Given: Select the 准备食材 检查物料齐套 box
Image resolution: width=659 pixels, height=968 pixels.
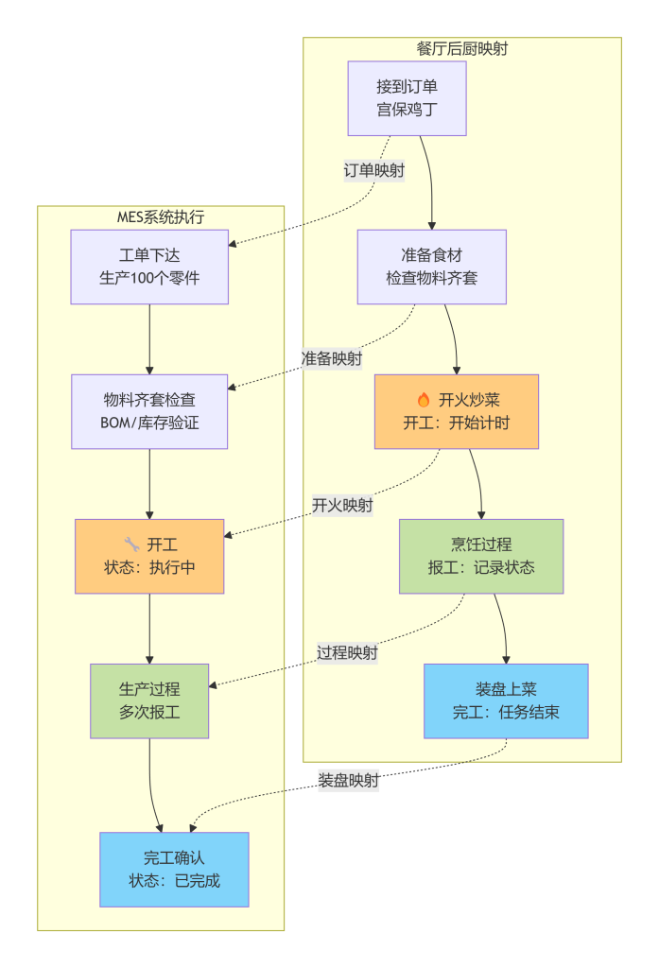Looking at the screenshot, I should [x=431, y=267].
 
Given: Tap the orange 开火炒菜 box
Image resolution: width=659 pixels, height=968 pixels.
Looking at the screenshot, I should [x=456, y=411].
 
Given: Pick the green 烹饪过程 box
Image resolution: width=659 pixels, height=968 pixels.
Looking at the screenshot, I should [x=480, y=556].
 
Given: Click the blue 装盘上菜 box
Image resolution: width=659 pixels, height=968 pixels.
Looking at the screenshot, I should [x=506, y=700].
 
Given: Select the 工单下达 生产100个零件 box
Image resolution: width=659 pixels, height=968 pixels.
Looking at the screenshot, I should [x=149, y=267].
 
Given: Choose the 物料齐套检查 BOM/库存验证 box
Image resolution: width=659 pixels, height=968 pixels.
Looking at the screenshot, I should [x=149, y=411].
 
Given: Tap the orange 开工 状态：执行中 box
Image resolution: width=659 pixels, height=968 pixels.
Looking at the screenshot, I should [x=149, y=556].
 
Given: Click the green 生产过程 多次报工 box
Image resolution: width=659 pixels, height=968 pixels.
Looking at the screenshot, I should [x=149, y=700].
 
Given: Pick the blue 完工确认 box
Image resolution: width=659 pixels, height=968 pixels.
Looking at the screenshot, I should [x=174, y=870].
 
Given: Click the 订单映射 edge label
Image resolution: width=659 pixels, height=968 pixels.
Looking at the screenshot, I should [x=374, y=171].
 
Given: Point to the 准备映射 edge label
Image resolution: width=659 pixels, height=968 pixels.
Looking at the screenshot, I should [x=331, y=359].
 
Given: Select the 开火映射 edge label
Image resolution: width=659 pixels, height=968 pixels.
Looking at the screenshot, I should [x=342, y=505].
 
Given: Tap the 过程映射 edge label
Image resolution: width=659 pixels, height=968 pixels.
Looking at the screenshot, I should [x=348, y=652].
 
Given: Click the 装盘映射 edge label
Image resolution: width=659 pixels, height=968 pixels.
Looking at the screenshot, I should [x=348, y=781].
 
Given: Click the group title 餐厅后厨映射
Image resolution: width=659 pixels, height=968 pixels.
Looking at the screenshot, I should [x=461, y=49].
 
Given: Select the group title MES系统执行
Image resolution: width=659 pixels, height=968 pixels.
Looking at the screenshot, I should [x=160, y=217].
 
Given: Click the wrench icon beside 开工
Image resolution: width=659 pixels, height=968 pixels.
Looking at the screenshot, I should [x=131, y=544].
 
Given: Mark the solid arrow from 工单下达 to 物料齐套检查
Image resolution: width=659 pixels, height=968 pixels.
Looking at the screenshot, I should [x=149, y=338].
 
